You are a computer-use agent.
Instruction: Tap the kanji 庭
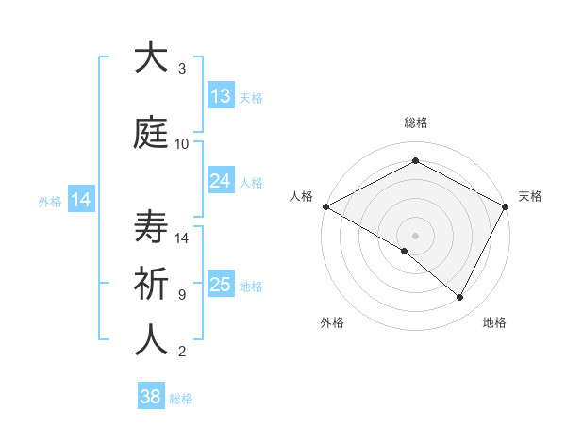pos(151,134)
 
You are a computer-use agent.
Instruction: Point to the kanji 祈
pos(151,284)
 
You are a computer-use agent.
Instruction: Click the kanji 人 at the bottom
pos(151,340)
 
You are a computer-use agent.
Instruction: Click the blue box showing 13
pos(221,95)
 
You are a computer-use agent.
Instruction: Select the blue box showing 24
pos(221,180)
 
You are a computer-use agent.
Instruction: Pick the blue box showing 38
pos(151,397)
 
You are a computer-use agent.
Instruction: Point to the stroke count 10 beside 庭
pos(182,144)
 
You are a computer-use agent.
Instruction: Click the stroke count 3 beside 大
pos(182,69)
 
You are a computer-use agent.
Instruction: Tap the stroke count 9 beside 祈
pos(182,295)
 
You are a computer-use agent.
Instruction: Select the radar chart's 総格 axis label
pos(415,123)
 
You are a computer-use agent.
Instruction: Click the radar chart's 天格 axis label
pos(530,196)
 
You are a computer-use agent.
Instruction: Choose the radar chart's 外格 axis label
pos(331,322)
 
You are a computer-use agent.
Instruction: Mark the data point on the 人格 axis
pos(325,205)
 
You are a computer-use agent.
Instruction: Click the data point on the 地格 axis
pos(460,297)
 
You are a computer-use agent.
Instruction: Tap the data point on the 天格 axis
pos(506,205)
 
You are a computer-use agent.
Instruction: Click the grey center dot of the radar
pos(415,235)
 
